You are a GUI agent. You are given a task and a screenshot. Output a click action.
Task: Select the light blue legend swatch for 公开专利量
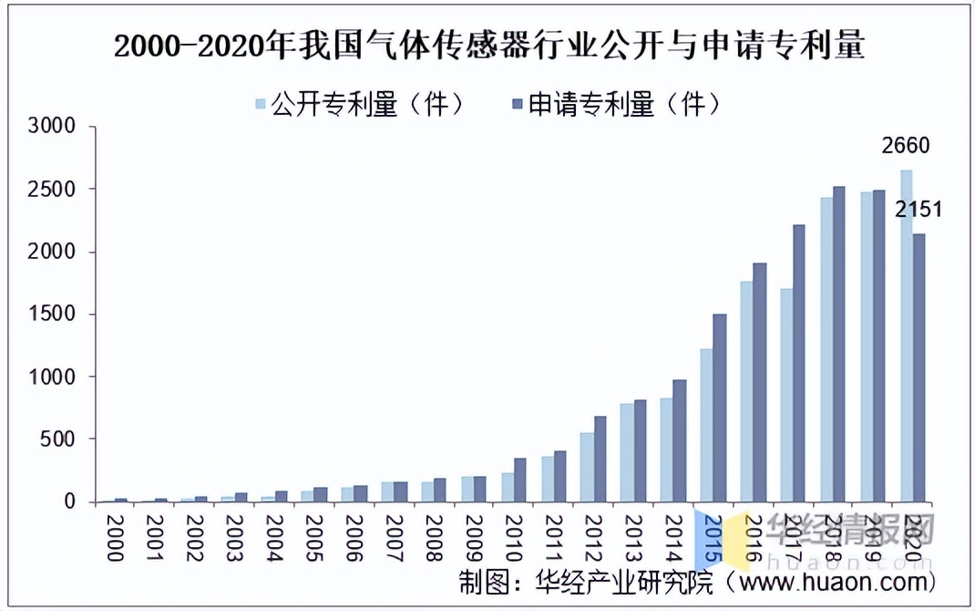[262, 105]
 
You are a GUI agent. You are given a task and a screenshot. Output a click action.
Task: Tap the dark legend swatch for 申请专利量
[517, 105]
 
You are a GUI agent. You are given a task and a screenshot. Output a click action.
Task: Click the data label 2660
[905, 146]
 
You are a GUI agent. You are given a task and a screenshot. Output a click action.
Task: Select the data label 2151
[918, 211]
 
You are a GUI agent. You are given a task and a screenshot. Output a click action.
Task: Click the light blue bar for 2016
[745, 391]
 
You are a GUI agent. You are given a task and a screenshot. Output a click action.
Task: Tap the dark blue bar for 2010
[519, 480]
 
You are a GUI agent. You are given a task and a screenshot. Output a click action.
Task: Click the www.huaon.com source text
[839, 581]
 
